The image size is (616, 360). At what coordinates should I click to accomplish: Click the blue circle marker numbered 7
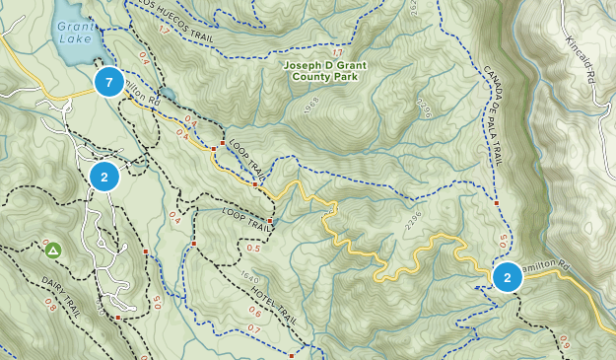(109, 82)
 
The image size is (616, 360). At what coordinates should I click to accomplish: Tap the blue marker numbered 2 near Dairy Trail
(103, 177)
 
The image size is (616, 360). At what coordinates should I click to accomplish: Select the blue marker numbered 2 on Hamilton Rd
(507, 277)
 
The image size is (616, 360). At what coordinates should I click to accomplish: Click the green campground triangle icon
(52, 251)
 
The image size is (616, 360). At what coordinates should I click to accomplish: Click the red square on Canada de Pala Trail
(496, 204)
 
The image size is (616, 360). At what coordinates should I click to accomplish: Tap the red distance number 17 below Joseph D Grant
(338, 52)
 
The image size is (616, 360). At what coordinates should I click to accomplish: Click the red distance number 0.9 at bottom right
(566, 341)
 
